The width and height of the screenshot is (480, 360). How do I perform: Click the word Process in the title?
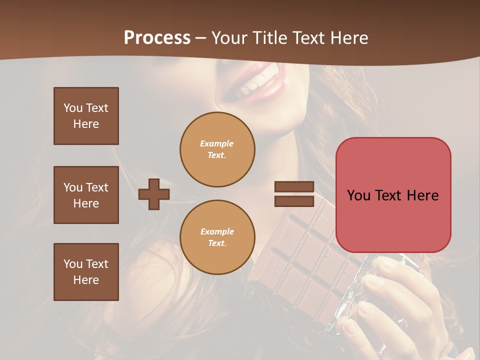coord(157,38)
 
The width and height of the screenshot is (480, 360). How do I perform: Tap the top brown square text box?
coord(86,116)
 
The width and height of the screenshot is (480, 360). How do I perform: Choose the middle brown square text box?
coord(86,195)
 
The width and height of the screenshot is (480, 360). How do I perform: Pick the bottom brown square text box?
coord(86,272)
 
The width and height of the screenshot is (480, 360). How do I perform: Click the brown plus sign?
coord(154,194)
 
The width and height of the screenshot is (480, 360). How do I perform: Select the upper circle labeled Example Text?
coord(217,149)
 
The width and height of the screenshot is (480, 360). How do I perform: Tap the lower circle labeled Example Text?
coord(217,237)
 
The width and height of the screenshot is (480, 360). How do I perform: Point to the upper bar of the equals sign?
coord(294,187)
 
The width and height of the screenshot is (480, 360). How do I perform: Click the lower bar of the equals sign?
coord(294,201)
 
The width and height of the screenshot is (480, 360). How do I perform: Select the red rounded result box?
coord(393,195)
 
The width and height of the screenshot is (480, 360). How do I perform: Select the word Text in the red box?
coord(388,195)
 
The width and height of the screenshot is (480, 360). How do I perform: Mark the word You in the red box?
coord(358,195)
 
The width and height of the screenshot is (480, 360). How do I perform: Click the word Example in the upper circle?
coord(216,143)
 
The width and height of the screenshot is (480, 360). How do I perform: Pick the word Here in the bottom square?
coord(86,280)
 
